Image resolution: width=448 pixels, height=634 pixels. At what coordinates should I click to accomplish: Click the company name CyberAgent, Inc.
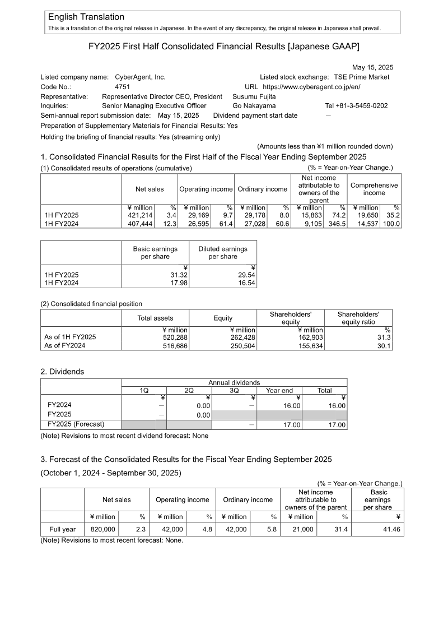140,77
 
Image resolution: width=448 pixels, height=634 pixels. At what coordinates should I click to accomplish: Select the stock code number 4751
123,87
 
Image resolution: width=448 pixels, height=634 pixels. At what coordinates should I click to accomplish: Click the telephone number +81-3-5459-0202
356,105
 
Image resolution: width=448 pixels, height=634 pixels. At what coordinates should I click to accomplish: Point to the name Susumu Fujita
254,96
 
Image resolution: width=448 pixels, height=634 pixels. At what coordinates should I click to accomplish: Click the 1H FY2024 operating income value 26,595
197,224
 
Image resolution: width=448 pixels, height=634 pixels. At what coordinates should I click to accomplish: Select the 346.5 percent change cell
336,224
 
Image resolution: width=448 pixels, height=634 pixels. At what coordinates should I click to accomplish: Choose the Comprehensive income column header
374,189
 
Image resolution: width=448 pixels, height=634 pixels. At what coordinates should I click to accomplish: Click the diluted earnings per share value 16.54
246,283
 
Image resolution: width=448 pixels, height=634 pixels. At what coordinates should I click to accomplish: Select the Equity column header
223,318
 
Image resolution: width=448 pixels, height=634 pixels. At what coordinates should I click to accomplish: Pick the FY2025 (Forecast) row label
76,424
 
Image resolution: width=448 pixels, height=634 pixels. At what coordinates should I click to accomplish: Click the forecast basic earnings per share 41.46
390,529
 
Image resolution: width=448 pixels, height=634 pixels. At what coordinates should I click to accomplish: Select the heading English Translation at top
86,17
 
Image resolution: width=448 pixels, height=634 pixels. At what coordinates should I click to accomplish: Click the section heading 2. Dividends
63,371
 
